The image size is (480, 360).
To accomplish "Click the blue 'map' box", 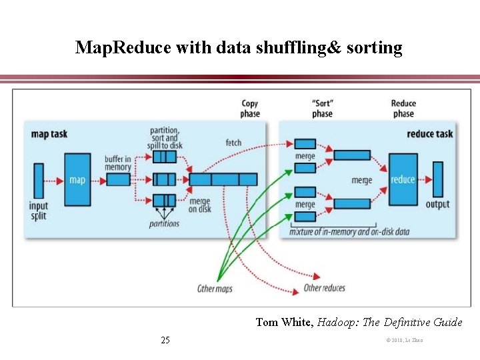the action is [x=77, y=179].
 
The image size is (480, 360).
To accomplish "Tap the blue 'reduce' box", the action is [x=403, y=179].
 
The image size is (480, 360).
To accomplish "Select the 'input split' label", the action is [x=39, y=211].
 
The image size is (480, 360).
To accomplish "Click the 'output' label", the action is [x=438, y=204].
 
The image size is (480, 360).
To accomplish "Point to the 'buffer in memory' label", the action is [x=117, y=163].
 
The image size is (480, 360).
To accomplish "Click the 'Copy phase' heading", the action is [x=250, y=109].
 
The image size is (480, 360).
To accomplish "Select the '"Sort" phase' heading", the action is [x=322, y=109].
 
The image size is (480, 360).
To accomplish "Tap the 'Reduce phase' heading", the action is [x=403, y=109].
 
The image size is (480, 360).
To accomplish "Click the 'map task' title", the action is [x=49, y=133].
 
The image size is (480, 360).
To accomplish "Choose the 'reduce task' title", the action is [x=430, y=133].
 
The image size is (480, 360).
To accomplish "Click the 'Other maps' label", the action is [x=215, y=289].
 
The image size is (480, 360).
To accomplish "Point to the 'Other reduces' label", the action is [x=324, y=288].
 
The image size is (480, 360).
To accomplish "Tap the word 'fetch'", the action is [x=233, y=143].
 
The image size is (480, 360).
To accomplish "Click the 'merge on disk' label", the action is [x=199, y=206].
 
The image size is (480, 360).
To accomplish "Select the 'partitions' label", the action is [x=164, y=224].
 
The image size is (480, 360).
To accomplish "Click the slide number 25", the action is [x=165, y=341].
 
